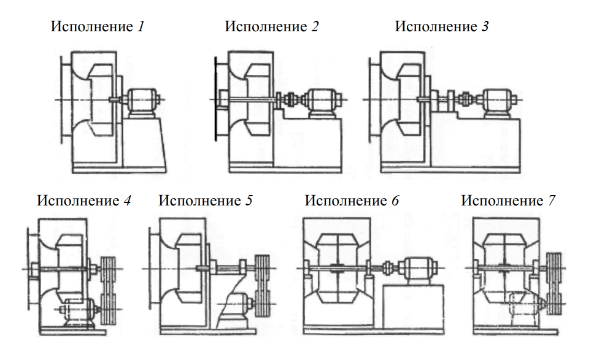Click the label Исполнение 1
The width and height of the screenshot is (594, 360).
coord(98,27)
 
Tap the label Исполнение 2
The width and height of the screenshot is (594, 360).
coord(271,27)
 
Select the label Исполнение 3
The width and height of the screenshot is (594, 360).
coord(441,27)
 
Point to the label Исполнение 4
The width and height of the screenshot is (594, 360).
coord(83,201)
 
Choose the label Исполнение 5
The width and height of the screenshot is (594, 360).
coord(205,201)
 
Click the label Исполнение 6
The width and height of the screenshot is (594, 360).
coord(352,201)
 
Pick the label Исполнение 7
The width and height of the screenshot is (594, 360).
coord(508,201)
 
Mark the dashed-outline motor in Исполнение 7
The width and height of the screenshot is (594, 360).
coord(525,305)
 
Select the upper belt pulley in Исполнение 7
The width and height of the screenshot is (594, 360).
coord(555,269)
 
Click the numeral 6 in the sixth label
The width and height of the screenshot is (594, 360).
coord(395,201)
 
